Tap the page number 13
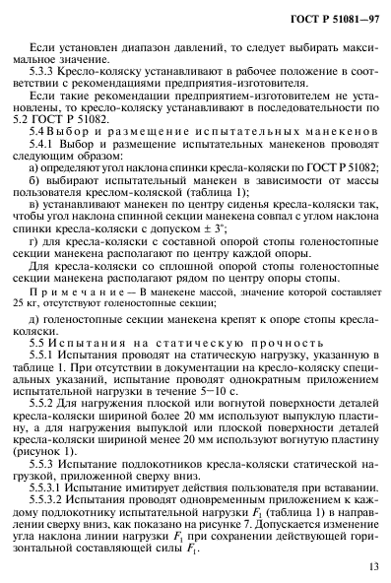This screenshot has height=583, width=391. coord(367,567)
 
